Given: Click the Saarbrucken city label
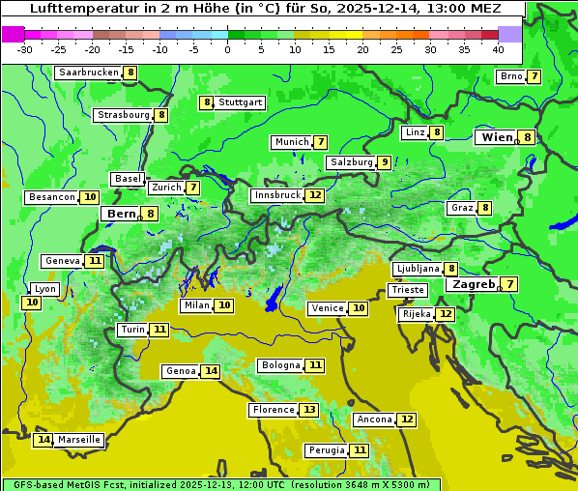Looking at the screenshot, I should (89, 72).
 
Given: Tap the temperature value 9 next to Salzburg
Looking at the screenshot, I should (385, 162).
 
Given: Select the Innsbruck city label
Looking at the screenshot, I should (277, 195).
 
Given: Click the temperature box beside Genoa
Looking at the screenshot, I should (211, 371).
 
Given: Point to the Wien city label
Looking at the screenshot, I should (498, 137).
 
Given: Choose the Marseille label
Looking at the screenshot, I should (79, 440).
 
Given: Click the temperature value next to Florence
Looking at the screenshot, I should (308, 410).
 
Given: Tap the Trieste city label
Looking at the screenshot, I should (407, 290).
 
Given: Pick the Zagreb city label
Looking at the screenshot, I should (473, 284).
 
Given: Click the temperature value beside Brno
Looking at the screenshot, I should (534, 77).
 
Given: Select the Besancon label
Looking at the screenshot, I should (52, 197).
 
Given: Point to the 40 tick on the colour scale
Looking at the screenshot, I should (498, 49).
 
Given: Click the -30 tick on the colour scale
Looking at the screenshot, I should (25, 49).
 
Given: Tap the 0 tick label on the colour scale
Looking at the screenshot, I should (228, 49).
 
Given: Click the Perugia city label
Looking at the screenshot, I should (326, 450).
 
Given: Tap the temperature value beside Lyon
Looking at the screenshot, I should (32, 303).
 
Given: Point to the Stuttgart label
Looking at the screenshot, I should (240, 102).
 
